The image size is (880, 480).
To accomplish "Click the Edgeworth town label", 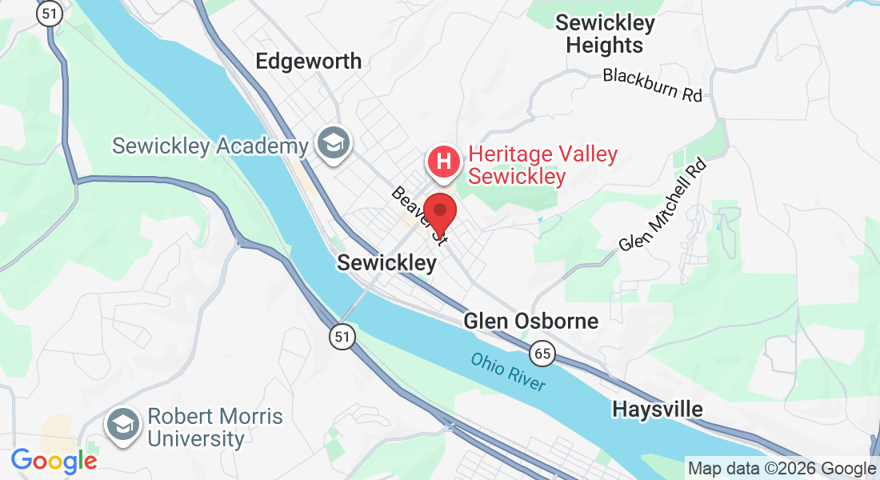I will pyautogui.click(x=308, y=61).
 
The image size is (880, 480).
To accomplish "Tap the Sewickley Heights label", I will pyautogui.click(x=605, y=34).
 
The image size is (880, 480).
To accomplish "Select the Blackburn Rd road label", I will pyautogui.click(x=652, y=85).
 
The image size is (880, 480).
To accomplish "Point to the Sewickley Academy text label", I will pyautogui.click(x=210, y=146).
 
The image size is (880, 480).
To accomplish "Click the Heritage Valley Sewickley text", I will pyautogui.click(x=542, y=165).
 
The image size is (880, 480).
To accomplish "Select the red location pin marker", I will pyautogui.click(x=439, y=212).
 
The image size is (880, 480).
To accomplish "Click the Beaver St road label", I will pyautogui.click(x=416, y=213).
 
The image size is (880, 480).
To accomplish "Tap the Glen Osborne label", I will pyautogui.click(x=530, y=322).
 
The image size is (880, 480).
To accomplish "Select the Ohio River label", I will pyautogui.click(x=508, y=372).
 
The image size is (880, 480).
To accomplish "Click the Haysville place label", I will pyautogui.click(x=658, y=410).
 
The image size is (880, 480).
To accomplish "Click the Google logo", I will pyautogui.click(x=54, y=461).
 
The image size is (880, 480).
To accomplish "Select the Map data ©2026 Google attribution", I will pyautogui.click(x=782, y=469).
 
